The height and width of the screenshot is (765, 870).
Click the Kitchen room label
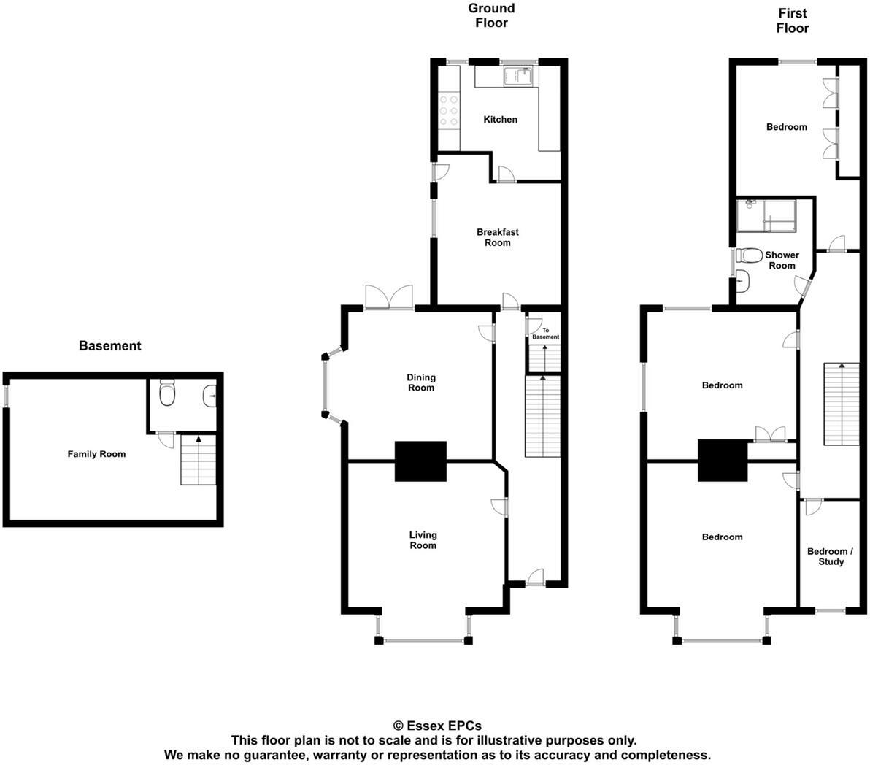pyautogui.click(x=500, y=120)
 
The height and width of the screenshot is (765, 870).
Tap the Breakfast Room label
pyautogui.click(x=497, y=237)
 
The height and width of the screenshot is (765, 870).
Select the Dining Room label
pyautogui.click(x=421, y=382)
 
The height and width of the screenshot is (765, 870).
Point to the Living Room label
pyautogui.click(x=423, y=540)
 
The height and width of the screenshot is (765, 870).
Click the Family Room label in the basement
pyautogui.click(x=96, y=454)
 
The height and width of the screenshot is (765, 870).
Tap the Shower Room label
pyautogui.click(x=781, y=261)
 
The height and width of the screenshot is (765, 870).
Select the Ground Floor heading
pyautogui.click(x=491, y=15)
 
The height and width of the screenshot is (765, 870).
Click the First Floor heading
pyautogui.click(x=793, y=20)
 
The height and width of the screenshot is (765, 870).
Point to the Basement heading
pyautogui.click(x=109, y=346)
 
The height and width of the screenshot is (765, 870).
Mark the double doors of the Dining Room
pyautogui.click(x=389, y=298)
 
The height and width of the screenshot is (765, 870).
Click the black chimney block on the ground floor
pyautogui.click(x=420, y=461)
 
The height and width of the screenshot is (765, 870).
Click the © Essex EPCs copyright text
pyautogui.click(x=437, y=726)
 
